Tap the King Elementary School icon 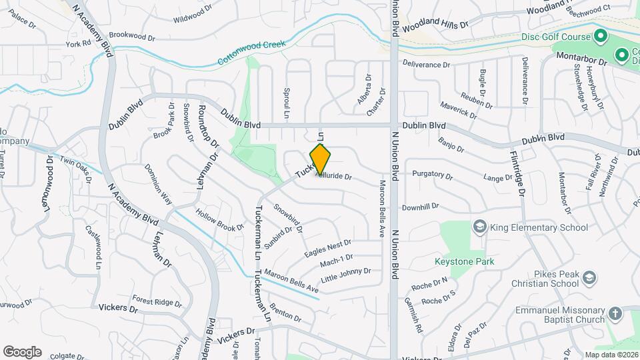click(x=479, y=227)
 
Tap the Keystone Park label click(x=465, y=261)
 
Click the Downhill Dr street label click(x=420, y=207)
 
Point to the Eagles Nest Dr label click(x=327, y=249)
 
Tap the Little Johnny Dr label click(x=345, y=274)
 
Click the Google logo click(x=22, y=351)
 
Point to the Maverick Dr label click(x=458, y=109)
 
